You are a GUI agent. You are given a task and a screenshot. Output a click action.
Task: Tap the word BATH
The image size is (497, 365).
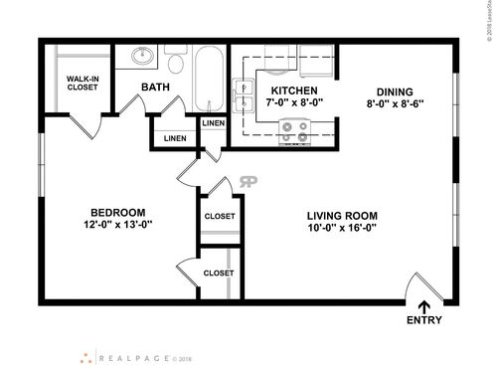pyautogui.click(x=154, y=88)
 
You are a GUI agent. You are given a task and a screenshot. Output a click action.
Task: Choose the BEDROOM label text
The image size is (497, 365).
pyautogui.click(x=119, y=212)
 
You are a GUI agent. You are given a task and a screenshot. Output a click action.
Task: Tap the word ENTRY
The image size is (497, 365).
pyautogui.click(x=425, y=320)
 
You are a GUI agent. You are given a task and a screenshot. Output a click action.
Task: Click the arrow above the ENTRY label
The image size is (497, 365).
pyautogui.click(x=425, y=305)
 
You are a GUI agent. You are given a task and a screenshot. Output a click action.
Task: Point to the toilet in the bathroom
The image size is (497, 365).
pyautogui.click(x=176, y=63)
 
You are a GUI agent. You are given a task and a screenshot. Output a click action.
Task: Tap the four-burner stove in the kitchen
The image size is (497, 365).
pyautogui.click(x=294, y=127)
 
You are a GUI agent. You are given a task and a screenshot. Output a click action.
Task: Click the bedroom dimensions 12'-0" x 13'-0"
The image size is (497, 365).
pyautogui.click(x=119, y=225)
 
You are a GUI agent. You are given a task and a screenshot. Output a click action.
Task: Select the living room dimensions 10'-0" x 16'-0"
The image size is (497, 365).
pyautogui.click(x=343, y=230)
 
